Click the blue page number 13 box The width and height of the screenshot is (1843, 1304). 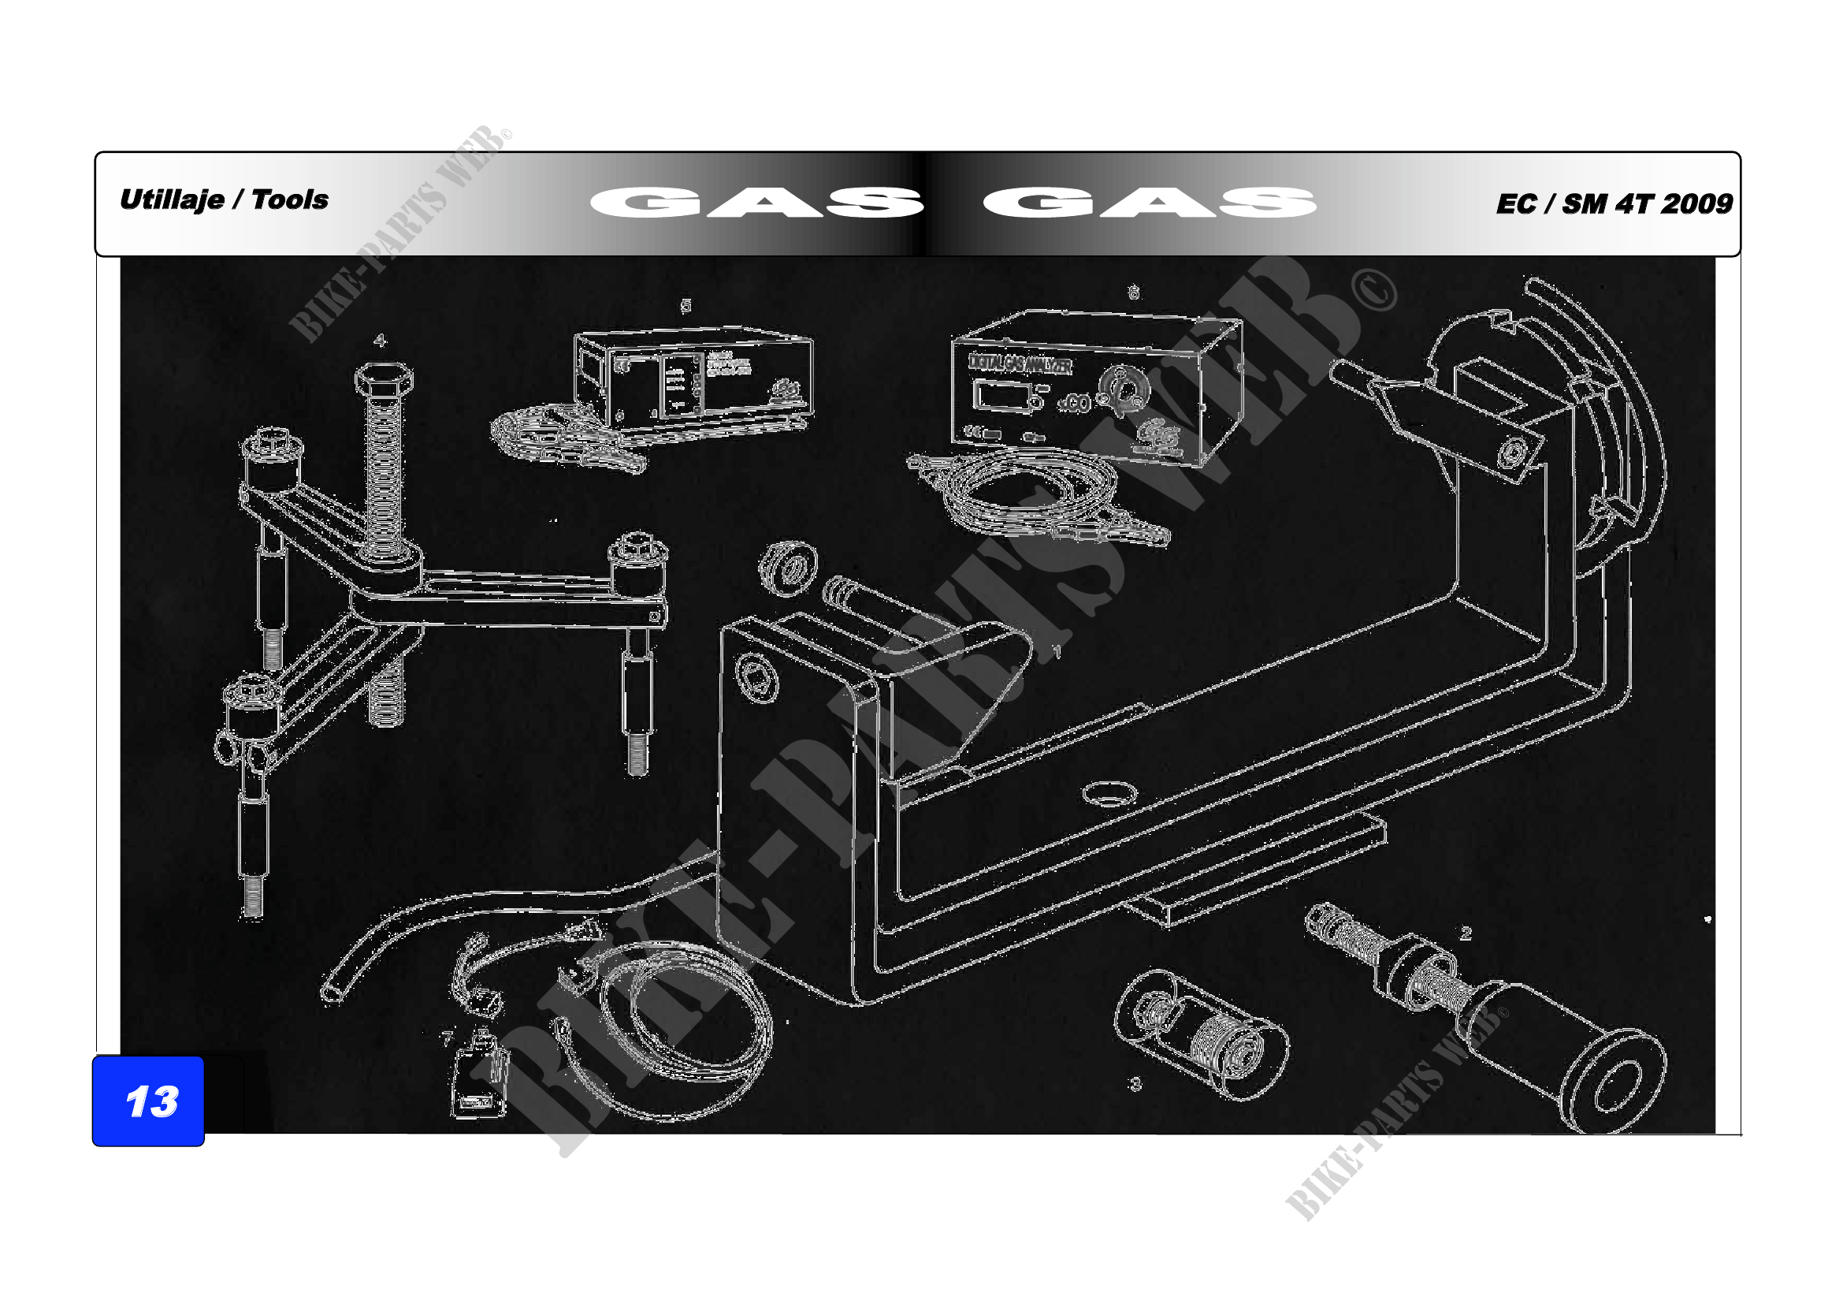148,1101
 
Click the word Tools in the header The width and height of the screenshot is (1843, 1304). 290,199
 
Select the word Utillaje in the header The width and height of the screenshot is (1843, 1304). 172,199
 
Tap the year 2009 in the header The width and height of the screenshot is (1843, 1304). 1697,203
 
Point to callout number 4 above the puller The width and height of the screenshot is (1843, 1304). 380,341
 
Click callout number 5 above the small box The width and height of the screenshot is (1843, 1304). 686,305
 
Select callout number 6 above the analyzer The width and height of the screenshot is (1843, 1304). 1133,293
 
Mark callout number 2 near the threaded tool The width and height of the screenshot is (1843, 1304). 1466,933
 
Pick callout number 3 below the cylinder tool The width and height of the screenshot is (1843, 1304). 1135,1084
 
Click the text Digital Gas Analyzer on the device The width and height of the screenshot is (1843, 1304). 1020,364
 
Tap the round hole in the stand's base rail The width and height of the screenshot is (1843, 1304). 1109,795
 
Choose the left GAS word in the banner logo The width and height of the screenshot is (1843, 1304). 756,203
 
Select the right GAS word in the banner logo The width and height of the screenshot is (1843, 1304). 1150,203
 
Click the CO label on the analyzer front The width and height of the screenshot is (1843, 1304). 1076,404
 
